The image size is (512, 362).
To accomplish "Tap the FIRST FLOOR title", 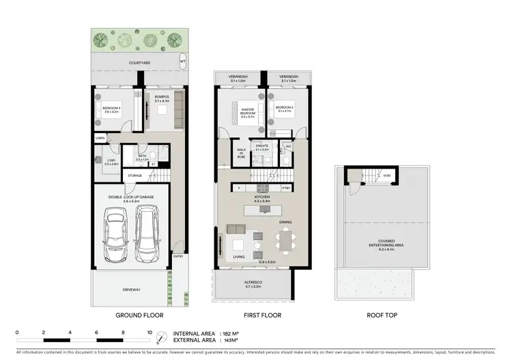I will [263, 316].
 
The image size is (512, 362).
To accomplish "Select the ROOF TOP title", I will [382, 316].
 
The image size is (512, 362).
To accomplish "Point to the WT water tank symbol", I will [182, 61].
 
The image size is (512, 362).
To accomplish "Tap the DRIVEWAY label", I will [132, 290].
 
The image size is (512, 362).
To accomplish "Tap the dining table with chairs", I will [286, 239].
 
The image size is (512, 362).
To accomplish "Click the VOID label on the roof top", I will [386, 175].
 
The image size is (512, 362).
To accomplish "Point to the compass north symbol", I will [161, 338].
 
